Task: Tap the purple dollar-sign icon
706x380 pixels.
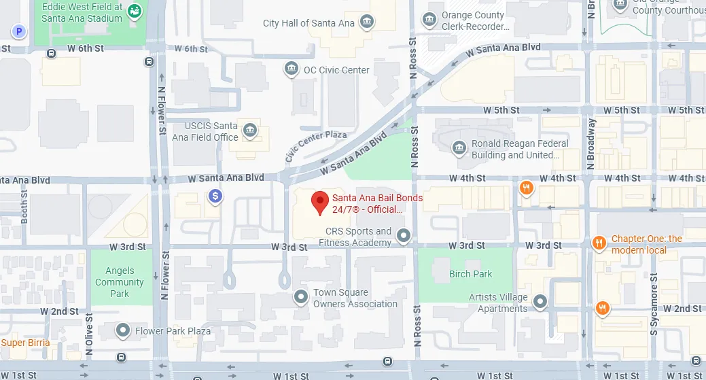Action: (x=215, y=196)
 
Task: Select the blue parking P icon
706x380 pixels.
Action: (x=20, y=31)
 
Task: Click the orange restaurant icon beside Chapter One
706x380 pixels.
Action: (x=599, y=243)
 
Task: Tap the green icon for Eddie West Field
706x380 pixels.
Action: (x=137, y=11)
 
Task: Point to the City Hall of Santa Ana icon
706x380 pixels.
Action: (x=367, y=22)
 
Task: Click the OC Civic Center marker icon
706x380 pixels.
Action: (x=292, y=69)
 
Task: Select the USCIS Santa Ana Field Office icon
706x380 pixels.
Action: (x=250, y=131)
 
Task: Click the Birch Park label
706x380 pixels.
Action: (x=470, y=274)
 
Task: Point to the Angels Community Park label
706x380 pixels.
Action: (x=119, y=282)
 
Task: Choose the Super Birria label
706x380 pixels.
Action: (x=25, y=343)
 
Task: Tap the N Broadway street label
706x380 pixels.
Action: (x=591, y=144)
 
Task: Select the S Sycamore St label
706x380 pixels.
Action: (x=654, y=303)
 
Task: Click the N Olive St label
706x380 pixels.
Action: (x=89, y=334)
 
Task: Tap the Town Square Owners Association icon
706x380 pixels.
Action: (x=300, y=297)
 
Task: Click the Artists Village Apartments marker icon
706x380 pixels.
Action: (x=540, y=301)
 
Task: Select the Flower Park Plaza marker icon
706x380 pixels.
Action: (x=123, y=331)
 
